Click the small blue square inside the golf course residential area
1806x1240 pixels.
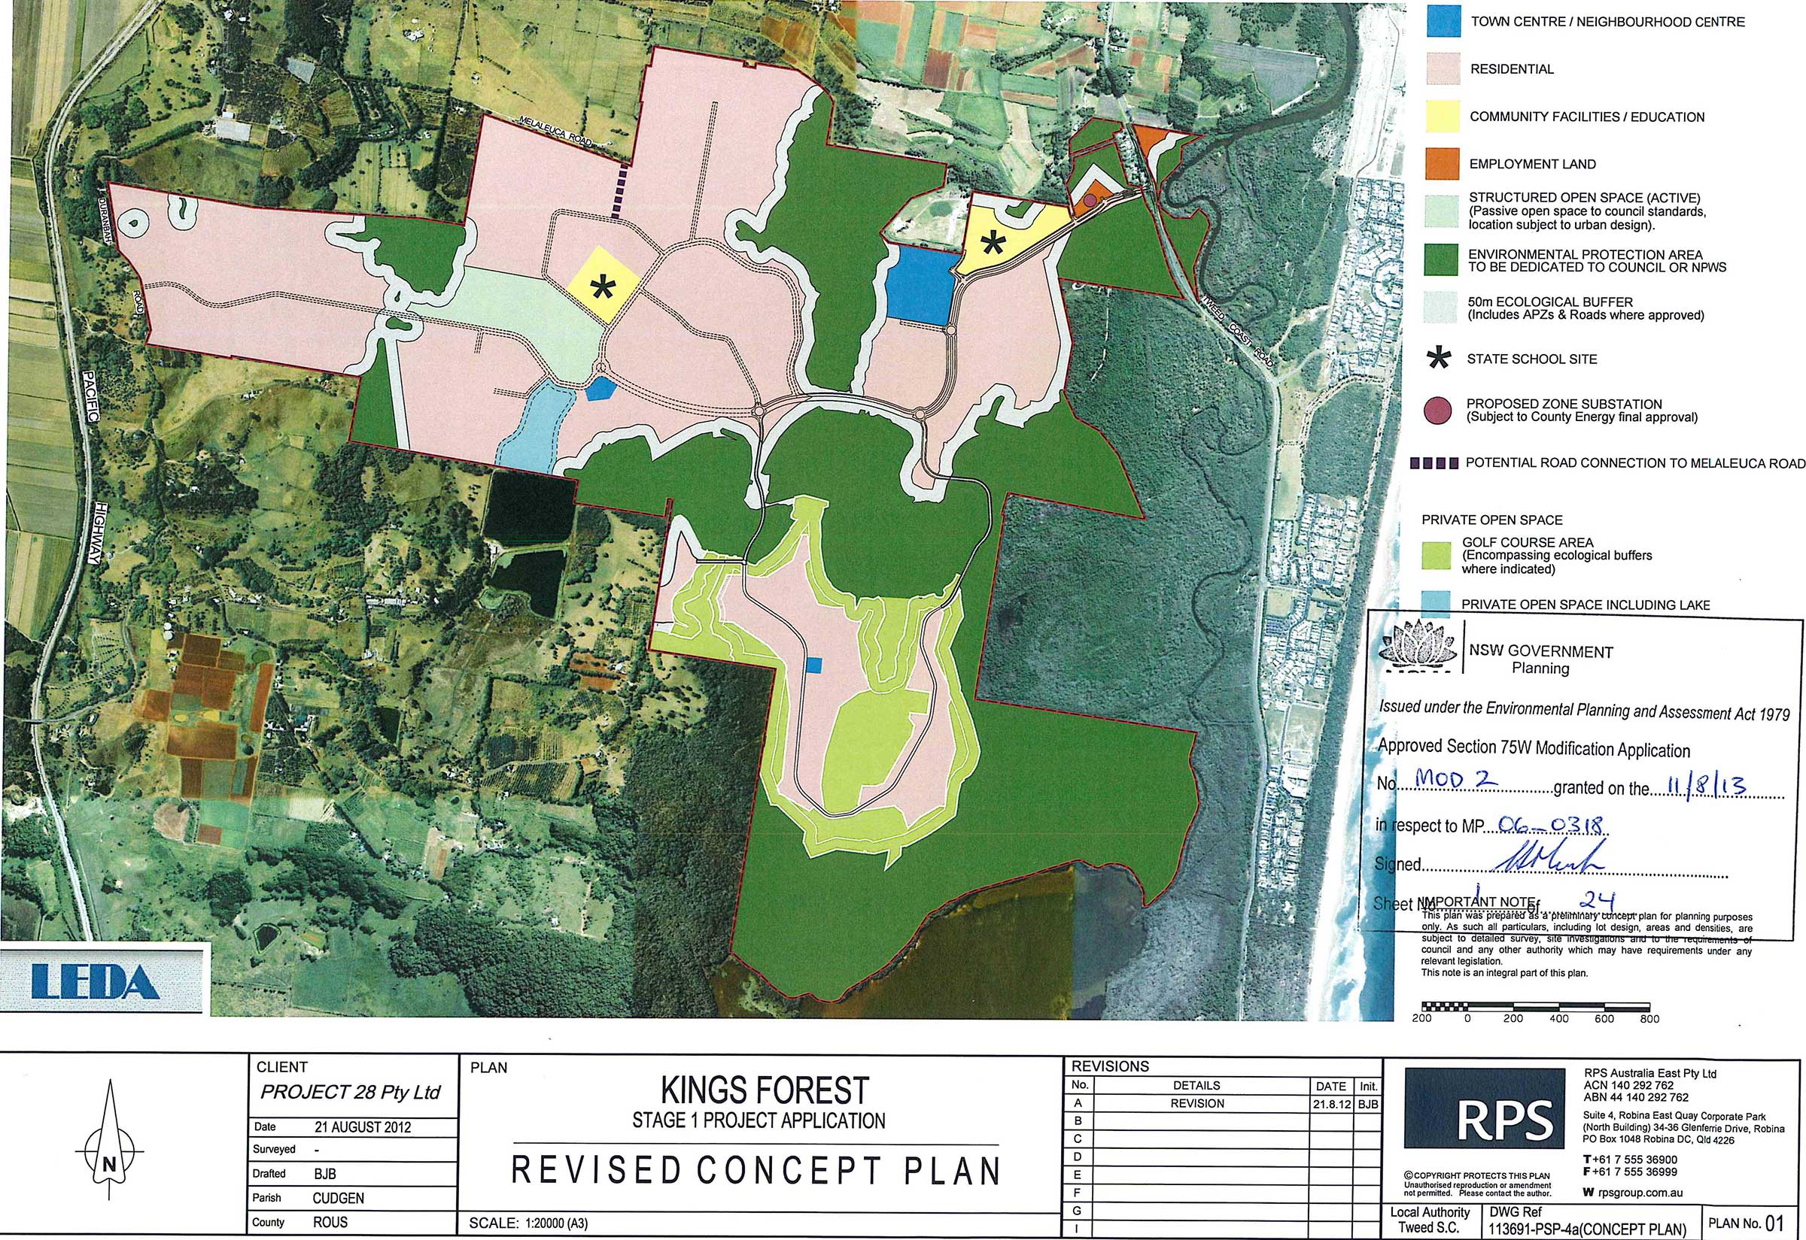813,664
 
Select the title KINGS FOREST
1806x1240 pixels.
764,1091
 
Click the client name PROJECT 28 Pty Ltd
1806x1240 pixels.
350,1093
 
